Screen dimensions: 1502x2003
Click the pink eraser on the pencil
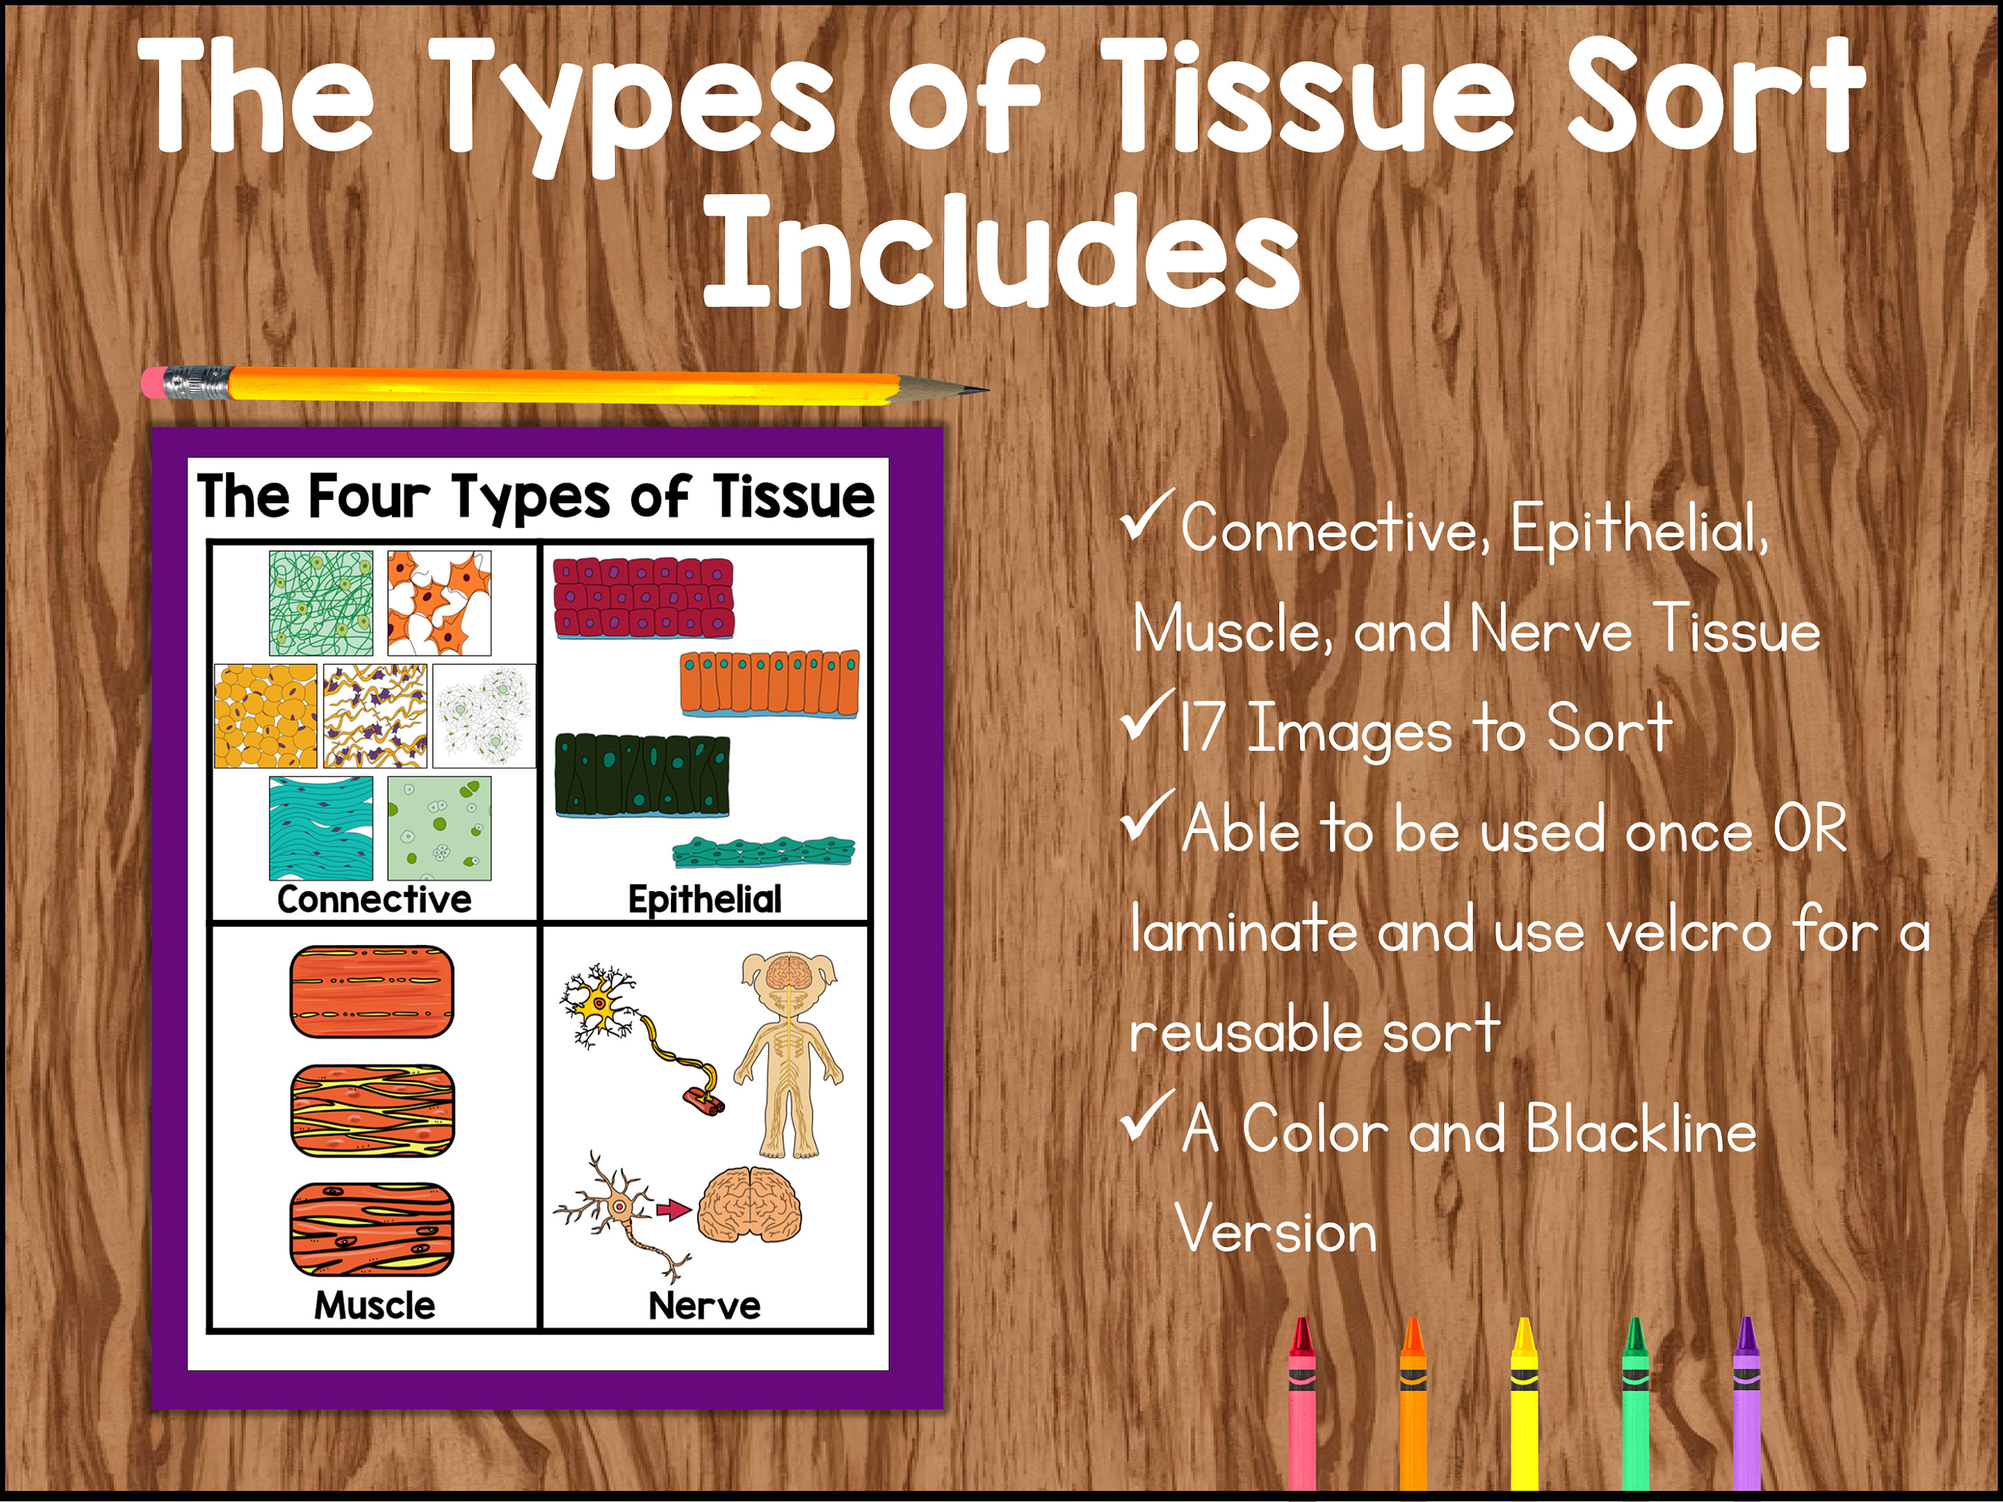[x=154, y=381]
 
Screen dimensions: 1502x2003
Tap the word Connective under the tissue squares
[x=374, y=899]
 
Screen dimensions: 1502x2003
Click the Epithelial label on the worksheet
[x=704, y=899]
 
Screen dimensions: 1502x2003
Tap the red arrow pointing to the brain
[x=673, y=1210]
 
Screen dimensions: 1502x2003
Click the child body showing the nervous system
[x=789, y=1055]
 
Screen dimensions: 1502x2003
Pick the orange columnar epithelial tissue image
[x=770, y=684]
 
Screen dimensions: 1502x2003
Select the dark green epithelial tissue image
[x=642, y=775]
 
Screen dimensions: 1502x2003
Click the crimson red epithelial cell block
[x=643, y=597]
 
